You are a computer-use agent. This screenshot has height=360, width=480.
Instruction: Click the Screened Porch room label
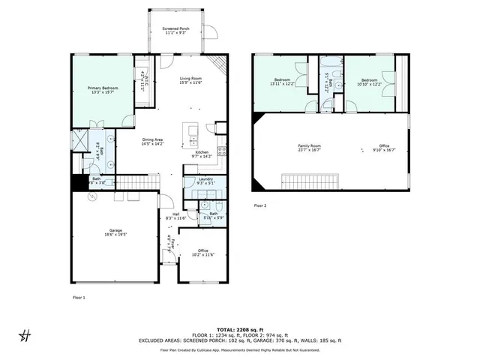click(176, 31)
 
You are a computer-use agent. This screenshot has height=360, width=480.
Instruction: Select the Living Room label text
click(190, 81)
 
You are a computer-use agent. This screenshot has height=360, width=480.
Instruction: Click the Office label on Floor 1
click(202, 253)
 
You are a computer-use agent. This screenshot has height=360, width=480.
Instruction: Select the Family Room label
click(310, 148)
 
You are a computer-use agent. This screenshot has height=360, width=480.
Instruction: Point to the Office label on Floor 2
click(384, 148)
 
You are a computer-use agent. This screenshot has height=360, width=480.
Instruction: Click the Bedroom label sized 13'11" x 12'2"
click(282, 82)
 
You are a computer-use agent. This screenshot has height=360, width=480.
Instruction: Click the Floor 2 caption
click(260, 205)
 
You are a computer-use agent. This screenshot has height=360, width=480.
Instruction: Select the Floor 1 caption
click(79, 298)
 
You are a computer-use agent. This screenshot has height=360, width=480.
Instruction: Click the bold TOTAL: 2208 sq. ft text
click(239, 329)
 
